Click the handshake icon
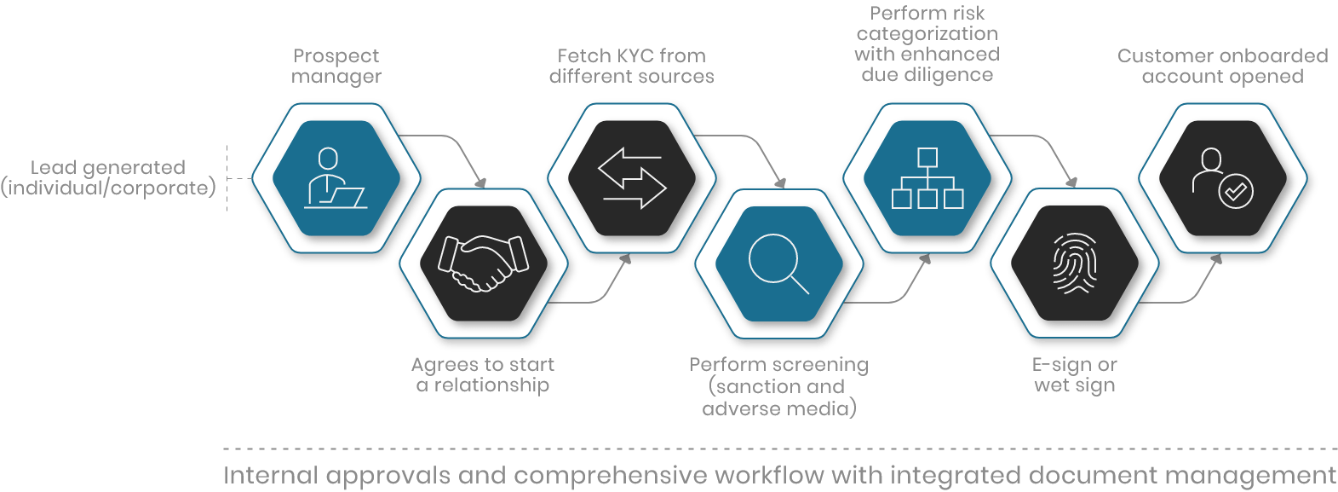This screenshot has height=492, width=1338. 483,263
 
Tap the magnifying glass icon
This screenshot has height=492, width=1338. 778,263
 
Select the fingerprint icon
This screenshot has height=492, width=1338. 1074,263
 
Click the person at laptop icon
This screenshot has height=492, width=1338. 336,178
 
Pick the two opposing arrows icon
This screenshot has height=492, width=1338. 631,178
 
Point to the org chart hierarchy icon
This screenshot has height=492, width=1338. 927,178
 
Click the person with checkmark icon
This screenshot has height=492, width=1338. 1222,178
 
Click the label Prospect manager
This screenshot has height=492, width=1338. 336,67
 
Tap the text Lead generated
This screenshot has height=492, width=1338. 108,167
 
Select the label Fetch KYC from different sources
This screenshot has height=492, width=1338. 631,67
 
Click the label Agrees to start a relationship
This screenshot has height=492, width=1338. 483,375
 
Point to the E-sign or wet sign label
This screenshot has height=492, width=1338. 1074,375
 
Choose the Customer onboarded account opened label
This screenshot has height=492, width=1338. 1222,67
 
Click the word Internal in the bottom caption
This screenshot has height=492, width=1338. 271,475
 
